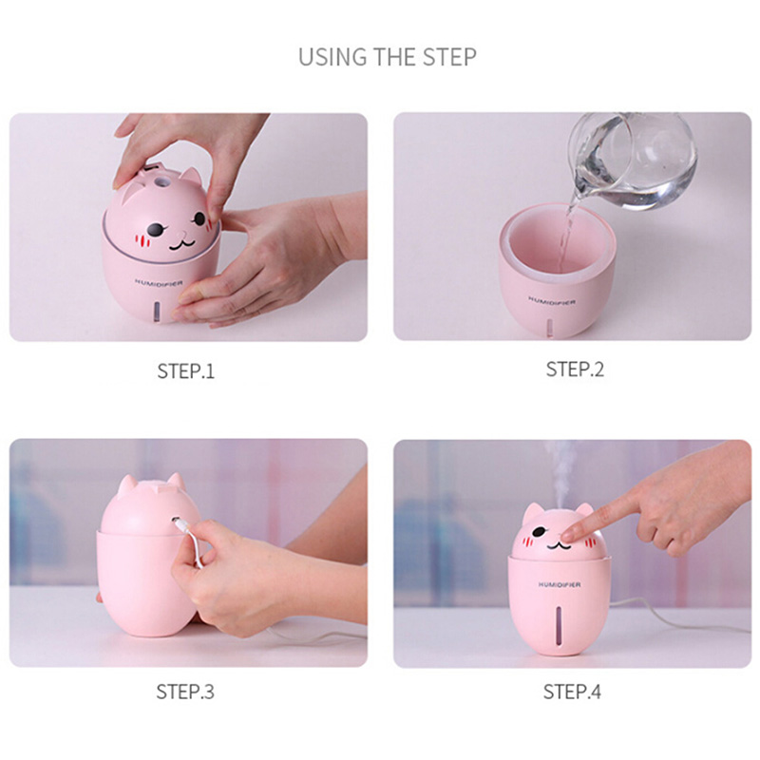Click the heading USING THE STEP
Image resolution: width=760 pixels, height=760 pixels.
388,57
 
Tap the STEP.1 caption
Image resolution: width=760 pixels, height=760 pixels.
185,371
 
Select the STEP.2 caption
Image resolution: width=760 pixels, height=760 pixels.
575,370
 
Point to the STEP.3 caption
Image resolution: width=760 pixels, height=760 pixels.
185,692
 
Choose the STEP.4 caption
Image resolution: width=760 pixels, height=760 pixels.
572,692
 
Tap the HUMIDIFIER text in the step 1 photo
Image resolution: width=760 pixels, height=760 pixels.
159,282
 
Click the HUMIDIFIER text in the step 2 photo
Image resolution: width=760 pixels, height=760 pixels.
552,300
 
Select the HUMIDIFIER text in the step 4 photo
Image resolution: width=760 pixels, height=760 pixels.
560,584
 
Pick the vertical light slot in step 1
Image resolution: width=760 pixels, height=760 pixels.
158,311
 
